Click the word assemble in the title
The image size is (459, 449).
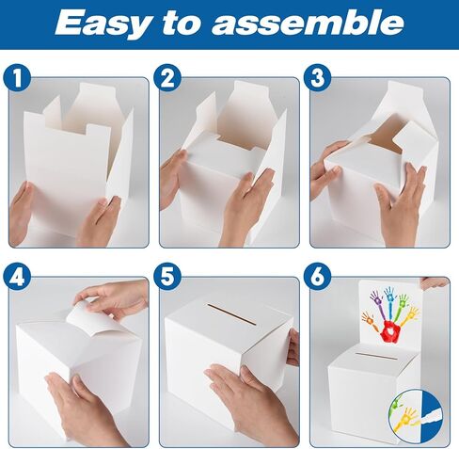coord(308,22)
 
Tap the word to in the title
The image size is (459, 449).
coord(180,23)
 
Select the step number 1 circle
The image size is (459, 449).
coord(17,77)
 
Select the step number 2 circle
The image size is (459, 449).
coord(167,77)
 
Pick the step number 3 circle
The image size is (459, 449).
coord(317,77)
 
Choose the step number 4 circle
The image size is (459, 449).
coord(17,277)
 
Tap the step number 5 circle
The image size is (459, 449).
coord(167,277)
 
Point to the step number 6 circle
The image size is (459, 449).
coord(317,277)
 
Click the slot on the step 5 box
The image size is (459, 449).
coord(231,314)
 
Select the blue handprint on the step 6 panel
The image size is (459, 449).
coord(389,302)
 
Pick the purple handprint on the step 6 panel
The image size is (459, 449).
coord(377,304)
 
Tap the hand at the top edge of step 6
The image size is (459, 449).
coord(434,282)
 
